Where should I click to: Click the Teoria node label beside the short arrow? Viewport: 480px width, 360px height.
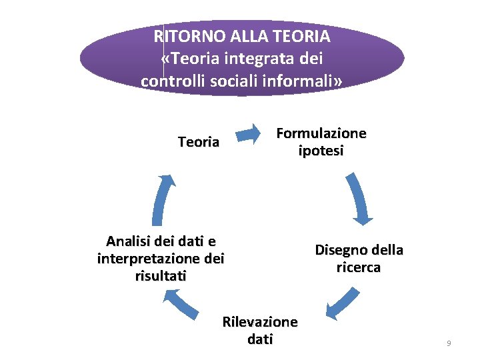click(199, 142)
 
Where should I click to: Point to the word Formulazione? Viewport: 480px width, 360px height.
click(321, 133)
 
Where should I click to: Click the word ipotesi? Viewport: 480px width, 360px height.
click(321, 151)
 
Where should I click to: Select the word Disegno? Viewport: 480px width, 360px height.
click(339, 250)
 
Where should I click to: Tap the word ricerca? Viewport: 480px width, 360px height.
click(359, 267)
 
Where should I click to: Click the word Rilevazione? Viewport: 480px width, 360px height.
click(260, 322)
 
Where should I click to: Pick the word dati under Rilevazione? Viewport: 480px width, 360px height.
click(260, 339)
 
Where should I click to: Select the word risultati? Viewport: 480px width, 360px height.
click(161, 275)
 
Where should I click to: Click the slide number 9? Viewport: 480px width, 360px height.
click(449, 343)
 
